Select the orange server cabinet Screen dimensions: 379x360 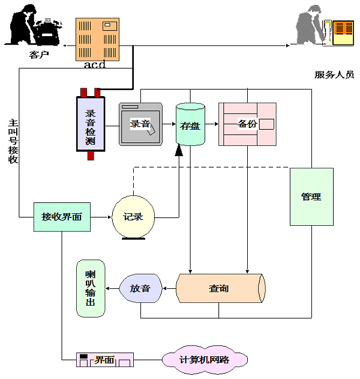97,39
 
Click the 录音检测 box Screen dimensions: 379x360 91,124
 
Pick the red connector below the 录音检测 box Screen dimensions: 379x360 91,155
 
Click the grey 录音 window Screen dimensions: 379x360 140,124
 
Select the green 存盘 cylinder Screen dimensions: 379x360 190,124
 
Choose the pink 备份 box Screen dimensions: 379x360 247,124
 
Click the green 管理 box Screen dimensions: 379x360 311,196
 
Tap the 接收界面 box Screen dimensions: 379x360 62,217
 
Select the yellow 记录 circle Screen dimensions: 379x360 133,217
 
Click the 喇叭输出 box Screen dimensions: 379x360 91,288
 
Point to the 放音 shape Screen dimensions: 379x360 140,288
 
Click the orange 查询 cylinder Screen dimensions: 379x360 220,288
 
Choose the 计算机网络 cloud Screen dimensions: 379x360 205,360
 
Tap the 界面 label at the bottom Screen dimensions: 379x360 104,360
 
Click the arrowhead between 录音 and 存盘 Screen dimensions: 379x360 173,125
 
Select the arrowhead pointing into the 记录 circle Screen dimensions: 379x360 109,217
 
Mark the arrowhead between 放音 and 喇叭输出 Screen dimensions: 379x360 108,288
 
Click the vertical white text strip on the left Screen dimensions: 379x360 19,142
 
